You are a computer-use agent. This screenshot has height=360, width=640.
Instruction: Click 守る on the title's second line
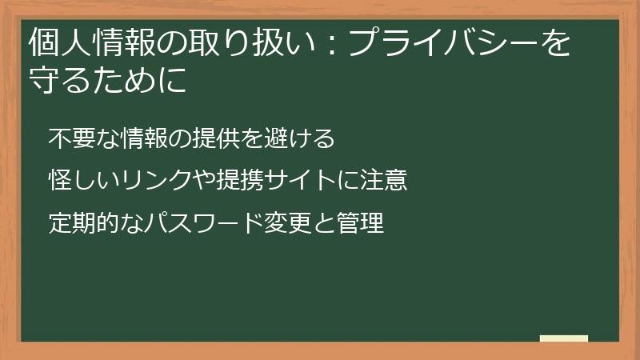click(x=54, y=82)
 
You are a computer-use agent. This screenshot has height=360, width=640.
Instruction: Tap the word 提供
click(x=217, y=138)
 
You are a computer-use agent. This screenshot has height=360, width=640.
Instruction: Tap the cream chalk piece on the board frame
click(x=563, y=338)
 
